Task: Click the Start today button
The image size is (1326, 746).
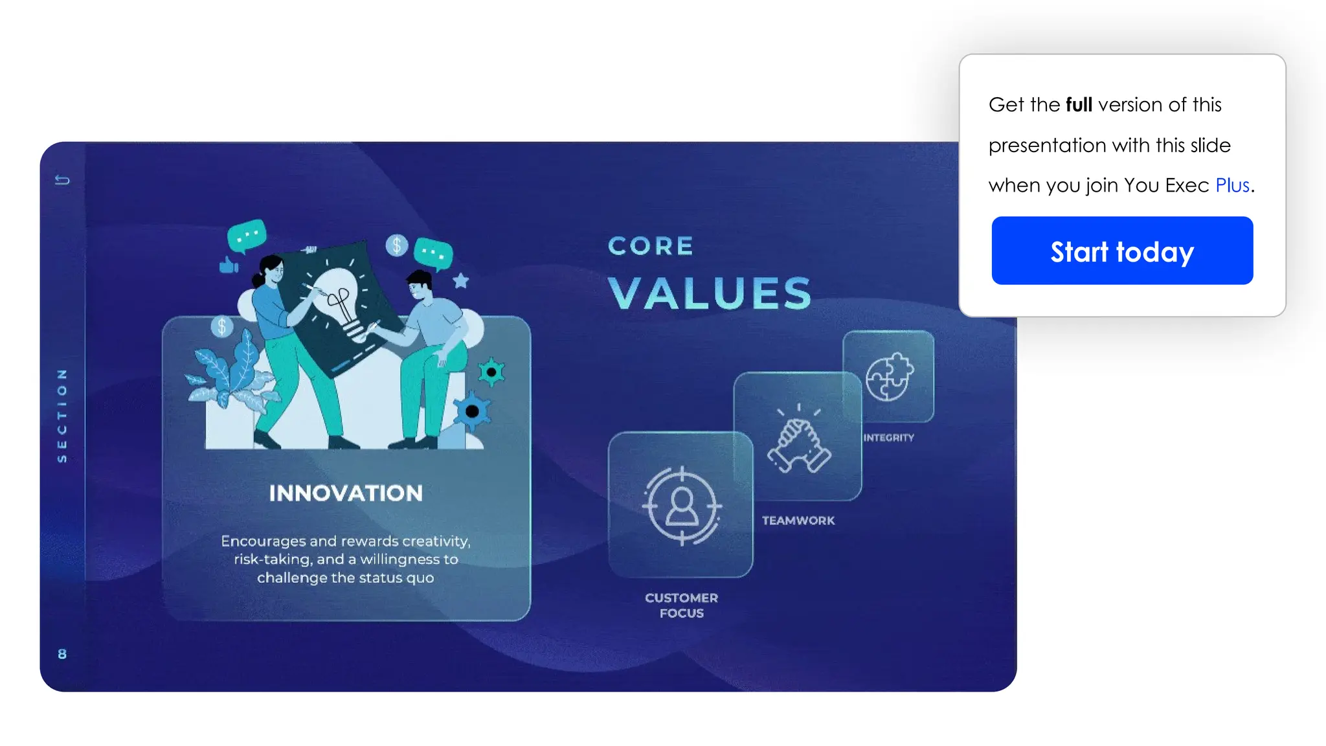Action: [1121, 251]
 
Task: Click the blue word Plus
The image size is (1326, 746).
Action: [1231, 185]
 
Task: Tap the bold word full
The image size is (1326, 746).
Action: [1079, 104]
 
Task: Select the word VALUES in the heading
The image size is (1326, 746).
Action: [710, 293]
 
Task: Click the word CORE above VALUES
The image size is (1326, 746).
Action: [651, 246]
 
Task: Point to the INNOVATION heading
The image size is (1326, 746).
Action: [346, 493]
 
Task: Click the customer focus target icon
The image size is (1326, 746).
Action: [681, 506]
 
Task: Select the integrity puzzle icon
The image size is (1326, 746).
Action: [889, 377]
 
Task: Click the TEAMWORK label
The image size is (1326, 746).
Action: [798, 521]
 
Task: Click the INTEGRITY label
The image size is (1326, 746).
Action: [888, 438]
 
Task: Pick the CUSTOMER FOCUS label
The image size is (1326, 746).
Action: [681, 605]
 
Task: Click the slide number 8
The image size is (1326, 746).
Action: [62, 654]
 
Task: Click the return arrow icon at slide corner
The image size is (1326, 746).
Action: [62, 180]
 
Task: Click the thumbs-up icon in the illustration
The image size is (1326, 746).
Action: [229, 265]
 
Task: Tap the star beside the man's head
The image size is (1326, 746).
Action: [460, 280]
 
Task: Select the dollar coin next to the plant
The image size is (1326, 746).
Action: [222, 326]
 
